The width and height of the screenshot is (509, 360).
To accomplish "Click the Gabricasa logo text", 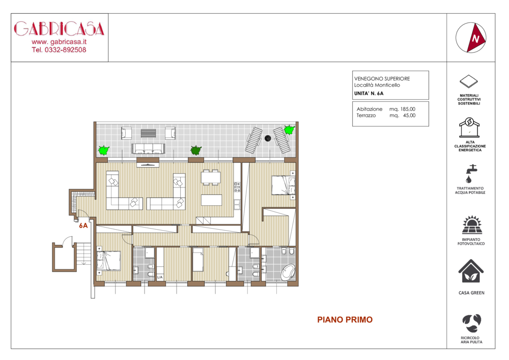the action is [59, 29].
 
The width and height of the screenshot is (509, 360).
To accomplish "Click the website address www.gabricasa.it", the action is [59, 42].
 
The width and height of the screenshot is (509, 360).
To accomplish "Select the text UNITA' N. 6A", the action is [369, 94].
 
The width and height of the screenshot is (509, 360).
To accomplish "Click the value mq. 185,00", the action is [402, 109].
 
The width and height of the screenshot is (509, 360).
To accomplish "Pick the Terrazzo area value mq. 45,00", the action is [402, 116].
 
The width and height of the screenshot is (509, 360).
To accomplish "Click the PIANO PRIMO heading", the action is [345, 320].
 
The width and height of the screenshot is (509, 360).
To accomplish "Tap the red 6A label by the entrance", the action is [83, 226].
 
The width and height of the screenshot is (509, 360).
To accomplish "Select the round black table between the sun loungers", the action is [268, 139].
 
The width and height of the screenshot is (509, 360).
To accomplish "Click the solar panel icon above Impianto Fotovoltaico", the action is [472, 225].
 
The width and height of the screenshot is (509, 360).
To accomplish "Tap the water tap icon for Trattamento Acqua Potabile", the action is [470, 174].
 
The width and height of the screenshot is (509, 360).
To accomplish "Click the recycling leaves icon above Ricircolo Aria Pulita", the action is [472, 323].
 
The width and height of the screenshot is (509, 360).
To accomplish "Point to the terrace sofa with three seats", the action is [148, 148].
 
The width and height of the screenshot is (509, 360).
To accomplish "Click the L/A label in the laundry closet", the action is [160, 277].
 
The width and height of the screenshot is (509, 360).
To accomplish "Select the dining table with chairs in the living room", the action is [211, 177].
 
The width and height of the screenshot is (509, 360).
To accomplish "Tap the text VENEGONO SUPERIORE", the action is [382, 78].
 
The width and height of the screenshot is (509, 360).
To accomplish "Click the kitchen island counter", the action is [211, 200].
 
